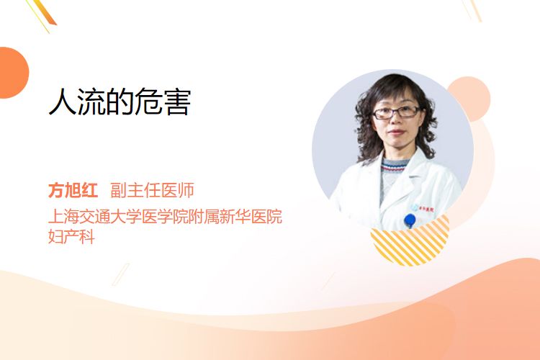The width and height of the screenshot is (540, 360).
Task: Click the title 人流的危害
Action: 120,102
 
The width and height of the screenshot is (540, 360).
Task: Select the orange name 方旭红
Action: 73,190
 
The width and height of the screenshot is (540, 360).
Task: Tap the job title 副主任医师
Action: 152,190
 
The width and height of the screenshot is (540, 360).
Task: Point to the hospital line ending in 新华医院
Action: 166,216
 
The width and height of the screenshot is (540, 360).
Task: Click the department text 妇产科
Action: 71,236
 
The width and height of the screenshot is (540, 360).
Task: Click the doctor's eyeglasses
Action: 396,112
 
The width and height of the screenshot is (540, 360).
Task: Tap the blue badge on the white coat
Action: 410,220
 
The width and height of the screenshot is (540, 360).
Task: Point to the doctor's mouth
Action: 397,132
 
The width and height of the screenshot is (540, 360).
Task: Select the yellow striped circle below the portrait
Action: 410,240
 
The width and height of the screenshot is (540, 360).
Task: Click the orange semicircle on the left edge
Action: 14,73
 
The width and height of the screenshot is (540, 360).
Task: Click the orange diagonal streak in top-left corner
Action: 44,13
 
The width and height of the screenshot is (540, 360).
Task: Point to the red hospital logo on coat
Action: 426,208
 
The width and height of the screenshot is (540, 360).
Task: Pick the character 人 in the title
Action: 63,102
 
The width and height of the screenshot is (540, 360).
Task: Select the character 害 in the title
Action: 177,102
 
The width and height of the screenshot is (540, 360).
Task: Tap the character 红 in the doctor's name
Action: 89,190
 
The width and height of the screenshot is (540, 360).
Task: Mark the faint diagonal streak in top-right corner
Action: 472,10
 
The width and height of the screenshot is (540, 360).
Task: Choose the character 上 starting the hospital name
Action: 56,216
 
